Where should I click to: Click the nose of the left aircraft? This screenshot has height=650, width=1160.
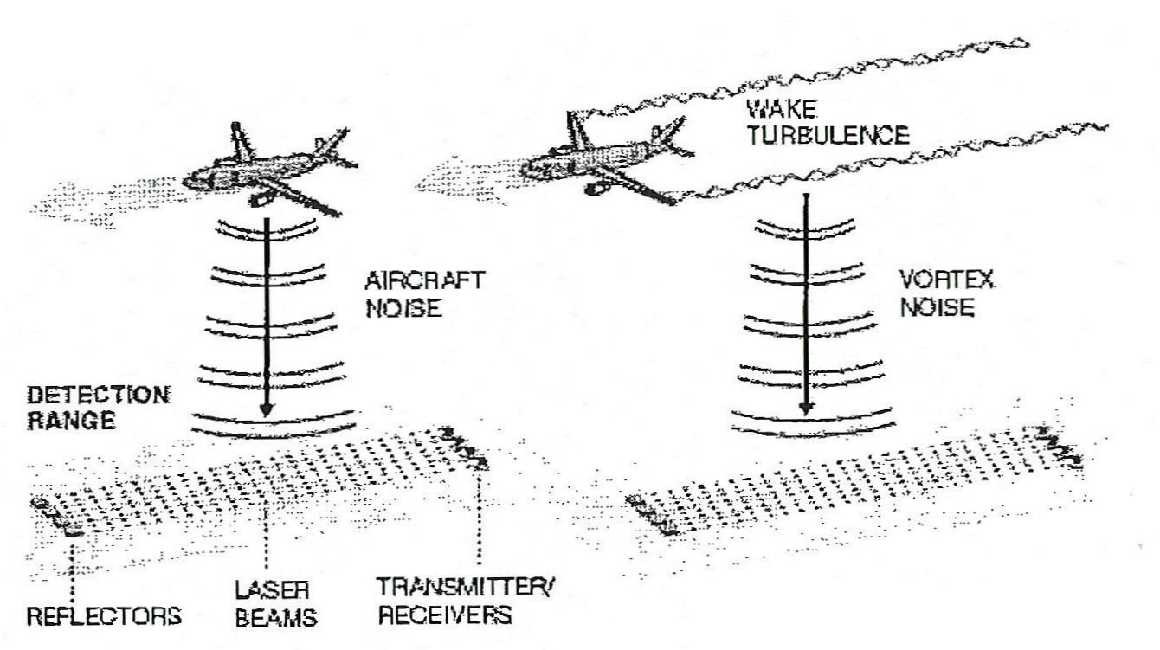pos(187,183)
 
